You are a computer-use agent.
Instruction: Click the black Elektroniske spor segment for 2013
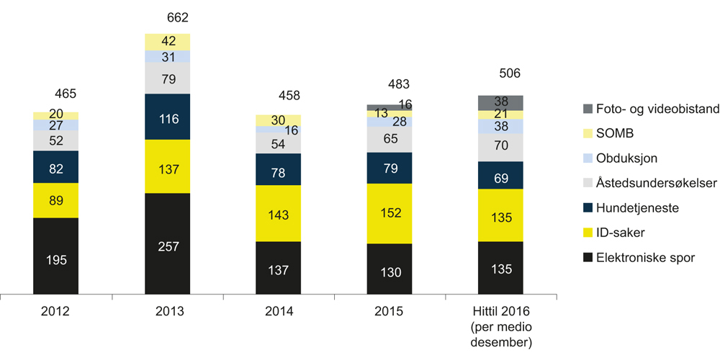coord(167,245)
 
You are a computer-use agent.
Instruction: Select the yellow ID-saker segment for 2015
coord(390,214)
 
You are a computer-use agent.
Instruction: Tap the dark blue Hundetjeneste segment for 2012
coord(55,167)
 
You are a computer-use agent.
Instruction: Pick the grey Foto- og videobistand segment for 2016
coord(501,102)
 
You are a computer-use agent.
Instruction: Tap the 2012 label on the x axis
coord(55,312)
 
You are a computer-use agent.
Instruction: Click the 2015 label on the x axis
coord(390,312)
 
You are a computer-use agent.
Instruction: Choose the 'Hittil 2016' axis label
coord(500,312)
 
